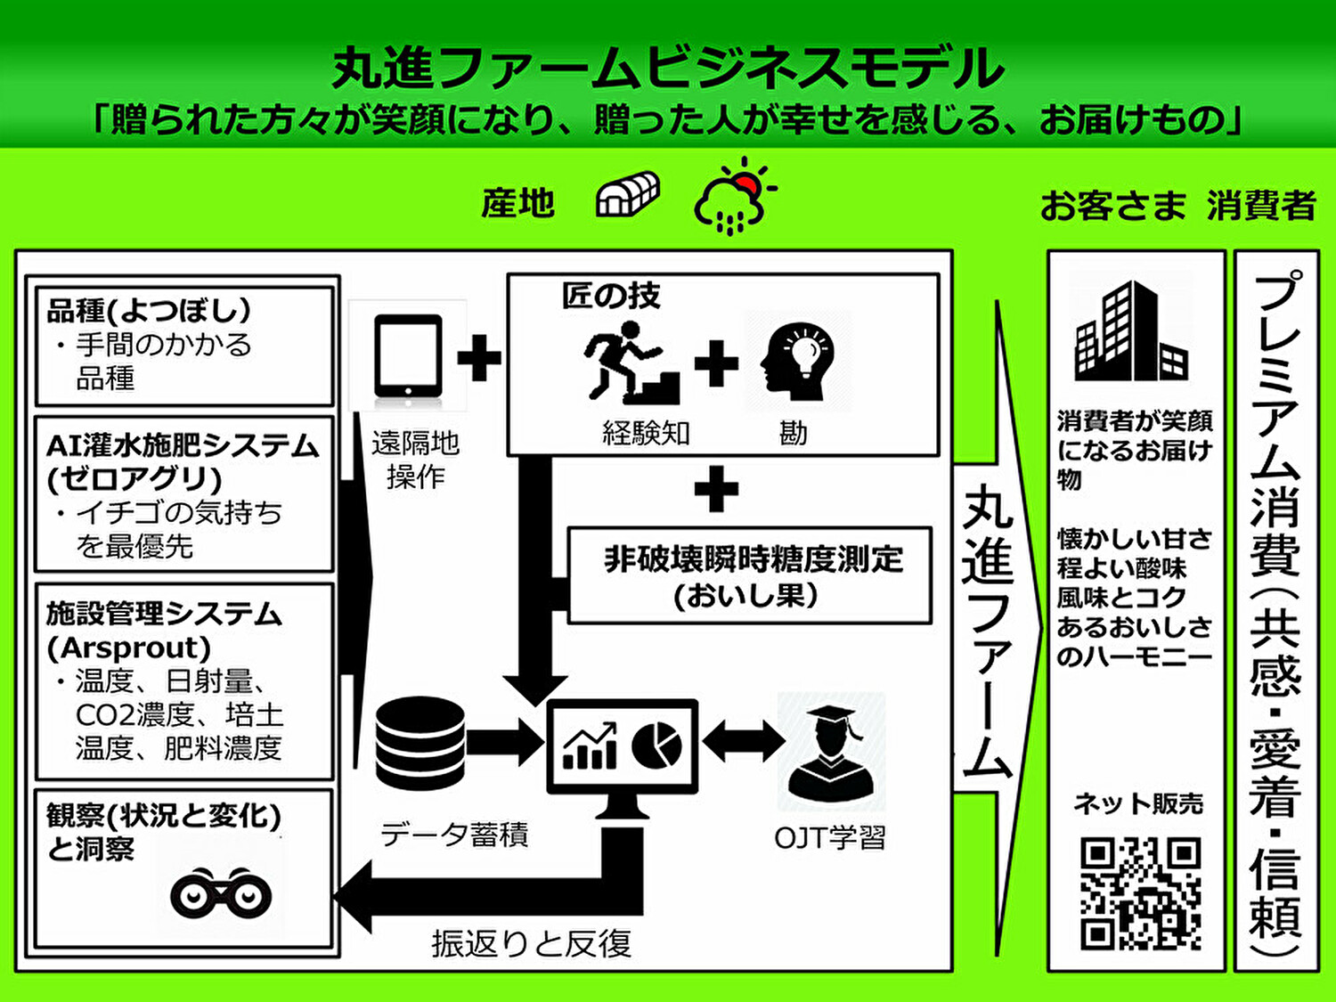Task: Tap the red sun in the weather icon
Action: tap(746, 183)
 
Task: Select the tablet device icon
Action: tap(408, 357)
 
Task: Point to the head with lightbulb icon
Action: tap(797, 361)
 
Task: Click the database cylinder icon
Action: tap(420, 743)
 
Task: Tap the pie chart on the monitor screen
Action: tap(656, 745)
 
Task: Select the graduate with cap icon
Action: tap(831, 754)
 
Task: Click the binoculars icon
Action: tap(221, 893)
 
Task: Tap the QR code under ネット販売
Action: tap(1141, 893)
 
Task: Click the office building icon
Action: tap(1131, 331)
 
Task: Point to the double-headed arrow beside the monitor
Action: tap(743, 741)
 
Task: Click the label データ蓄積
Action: tap(454, 834)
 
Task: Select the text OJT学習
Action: tap(829, 838)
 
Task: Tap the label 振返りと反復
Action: tap(532, 943)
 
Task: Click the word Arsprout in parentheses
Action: tap(128, 648)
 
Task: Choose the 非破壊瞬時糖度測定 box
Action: tap(749, 575)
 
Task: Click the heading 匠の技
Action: tap(610, 297)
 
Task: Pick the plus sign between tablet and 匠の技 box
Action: tap(479, 358)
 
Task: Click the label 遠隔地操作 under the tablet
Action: tap(416, 460)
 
